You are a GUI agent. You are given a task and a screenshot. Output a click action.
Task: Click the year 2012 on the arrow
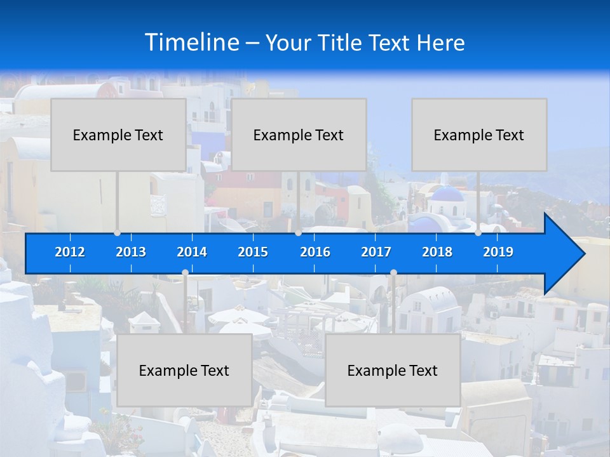click(70, 252)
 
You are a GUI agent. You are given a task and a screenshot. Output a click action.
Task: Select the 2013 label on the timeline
click(131, 252)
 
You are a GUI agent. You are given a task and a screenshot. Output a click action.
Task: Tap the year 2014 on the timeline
click(192, 252)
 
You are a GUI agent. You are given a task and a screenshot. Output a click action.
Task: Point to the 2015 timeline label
click(253, 252)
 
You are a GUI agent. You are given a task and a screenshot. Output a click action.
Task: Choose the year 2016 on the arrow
click(315, 252)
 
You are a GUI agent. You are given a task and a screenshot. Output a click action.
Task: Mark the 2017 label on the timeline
click(376, 252)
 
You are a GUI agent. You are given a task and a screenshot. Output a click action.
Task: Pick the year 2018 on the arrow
click(437, 252)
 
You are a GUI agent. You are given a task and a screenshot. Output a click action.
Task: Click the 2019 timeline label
click(498, 252)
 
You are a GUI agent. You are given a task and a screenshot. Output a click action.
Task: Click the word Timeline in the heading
click(192, 43)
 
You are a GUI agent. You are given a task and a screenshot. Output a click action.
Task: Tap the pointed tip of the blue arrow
click(583, 254)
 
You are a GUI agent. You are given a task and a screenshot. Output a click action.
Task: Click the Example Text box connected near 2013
click(118, 135)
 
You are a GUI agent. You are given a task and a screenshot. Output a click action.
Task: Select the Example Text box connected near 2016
click(299, 135)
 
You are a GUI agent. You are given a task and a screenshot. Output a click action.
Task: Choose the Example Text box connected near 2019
click(479, 135)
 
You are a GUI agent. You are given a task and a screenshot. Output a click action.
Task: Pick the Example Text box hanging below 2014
click(184, 370)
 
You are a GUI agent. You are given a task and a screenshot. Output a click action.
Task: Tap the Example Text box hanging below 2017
click(393, 370)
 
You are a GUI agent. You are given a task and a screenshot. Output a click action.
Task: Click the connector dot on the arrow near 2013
click(118, 233)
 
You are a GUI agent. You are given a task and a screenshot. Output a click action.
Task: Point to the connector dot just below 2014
click(185, 273)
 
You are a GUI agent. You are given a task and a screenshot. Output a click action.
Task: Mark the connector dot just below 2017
click(393, 273)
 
